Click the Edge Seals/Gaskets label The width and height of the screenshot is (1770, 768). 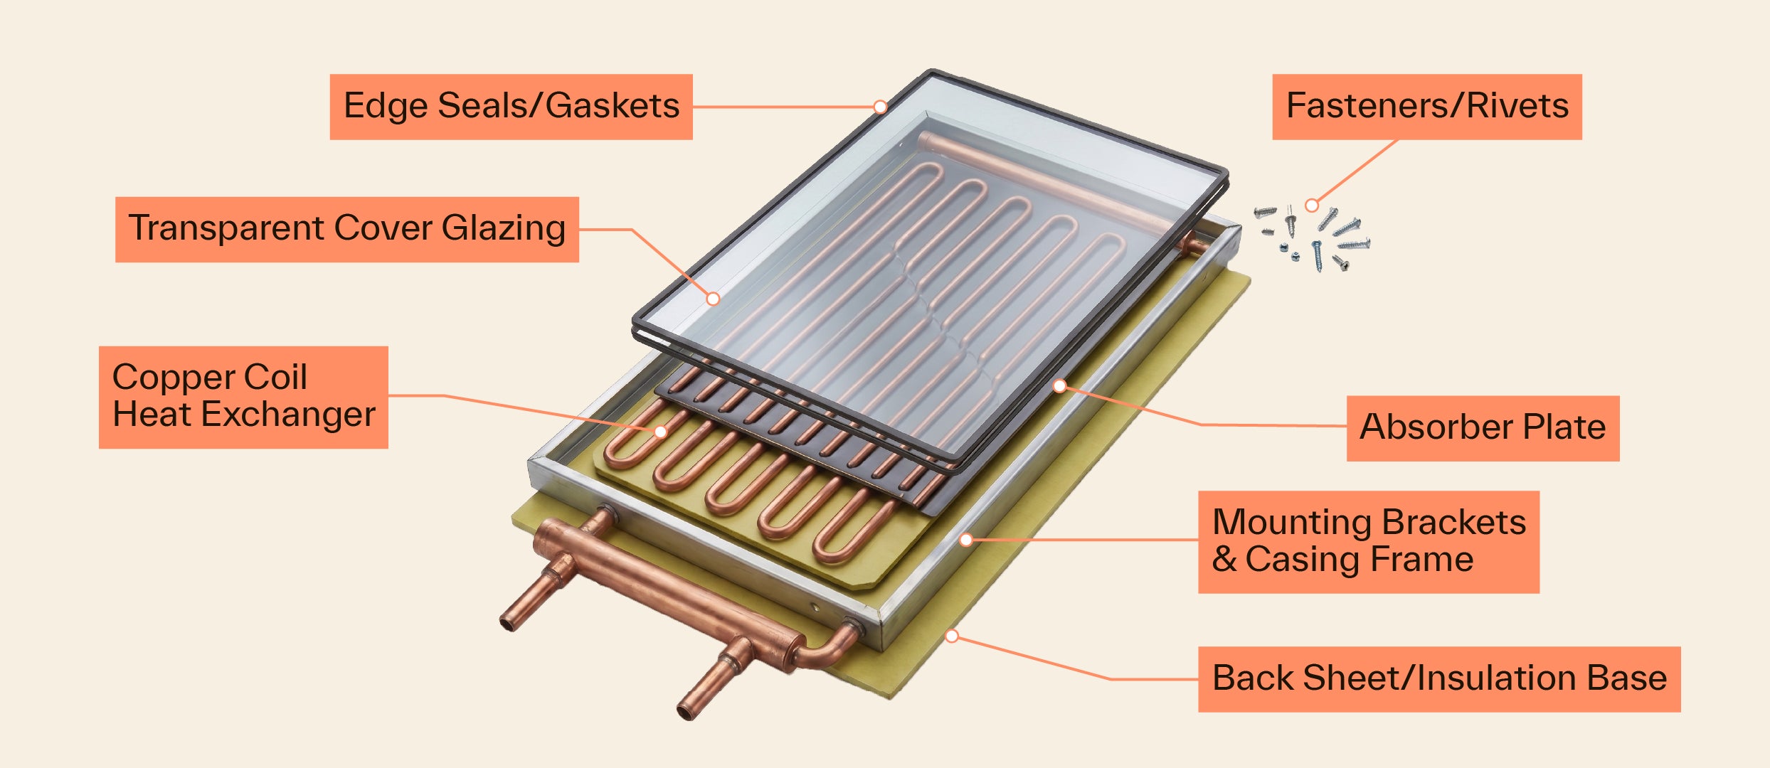point(511,107)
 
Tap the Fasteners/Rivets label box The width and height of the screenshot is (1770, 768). point(1426,107)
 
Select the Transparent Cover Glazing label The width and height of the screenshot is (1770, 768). point(346,229)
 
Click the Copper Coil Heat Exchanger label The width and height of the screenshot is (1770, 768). point(243,397)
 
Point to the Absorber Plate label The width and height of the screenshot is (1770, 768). point(1483,428)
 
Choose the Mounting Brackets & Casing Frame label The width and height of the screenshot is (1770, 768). point(1368,541)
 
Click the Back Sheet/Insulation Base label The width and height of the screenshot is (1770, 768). point(1438,678)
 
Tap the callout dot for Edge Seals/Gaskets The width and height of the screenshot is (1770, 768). point(880,107)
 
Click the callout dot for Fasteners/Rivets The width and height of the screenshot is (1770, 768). point(1311,206)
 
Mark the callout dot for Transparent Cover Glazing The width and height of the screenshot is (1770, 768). point(713,299)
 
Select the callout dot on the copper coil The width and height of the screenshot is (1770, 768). point(660,432)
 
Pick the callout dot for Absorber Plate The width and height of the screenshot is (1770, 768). point(1059,386)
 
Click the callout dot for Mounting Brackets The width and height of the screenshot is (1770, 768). point(965,540)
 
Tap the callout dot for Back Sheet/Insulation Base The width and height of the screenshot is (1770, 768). point(952,636)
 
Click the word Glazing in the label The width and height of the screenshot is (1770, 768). point(503,229)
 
